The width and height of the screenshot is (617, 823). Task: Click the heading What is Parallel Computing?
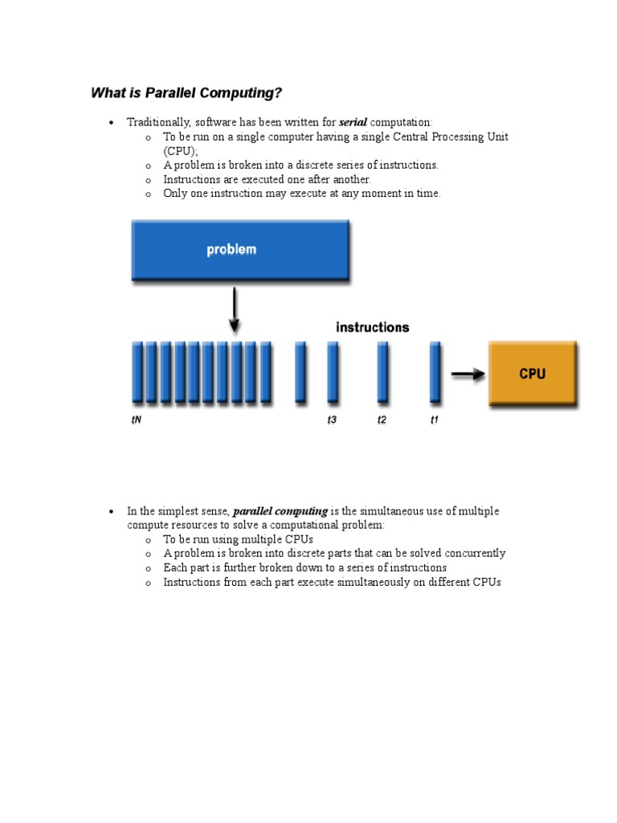click(186, 93)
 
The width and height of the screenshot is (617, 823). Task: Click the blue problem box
click(239, 250)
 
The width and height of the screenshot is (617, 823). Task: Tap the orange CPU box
click(532, 374)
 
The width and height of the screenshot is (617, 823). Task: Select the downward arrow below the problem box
click(234, 311)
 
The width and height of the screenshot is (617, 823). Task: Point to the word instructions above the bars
click(372, 327)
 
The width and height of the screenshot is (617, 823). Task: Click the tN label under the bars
click(137, 420)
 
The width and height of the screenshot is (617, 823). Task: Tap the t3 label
click(332, 420)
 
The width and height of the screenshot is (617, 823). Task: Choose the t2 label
click(382, 420)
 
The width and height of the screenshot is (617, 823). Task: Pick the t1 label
click(435, 420)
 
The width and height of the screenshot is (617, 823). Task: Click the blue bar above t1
click(435, 371)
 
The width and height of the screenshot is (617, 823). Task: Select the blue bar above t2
click(382, 371)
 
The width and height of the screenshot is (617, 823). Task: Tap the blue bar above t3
click(332, 371)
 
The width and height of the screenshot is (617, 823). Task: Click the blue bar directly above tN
click(137, 371)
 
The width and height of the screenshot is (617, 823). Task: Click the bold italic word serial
click(353, 122)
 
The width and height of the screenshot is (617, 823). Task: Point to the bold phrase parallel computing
click(280, 511)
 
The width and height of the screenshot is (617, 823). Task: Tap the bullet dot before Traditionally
click(111, 123)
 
